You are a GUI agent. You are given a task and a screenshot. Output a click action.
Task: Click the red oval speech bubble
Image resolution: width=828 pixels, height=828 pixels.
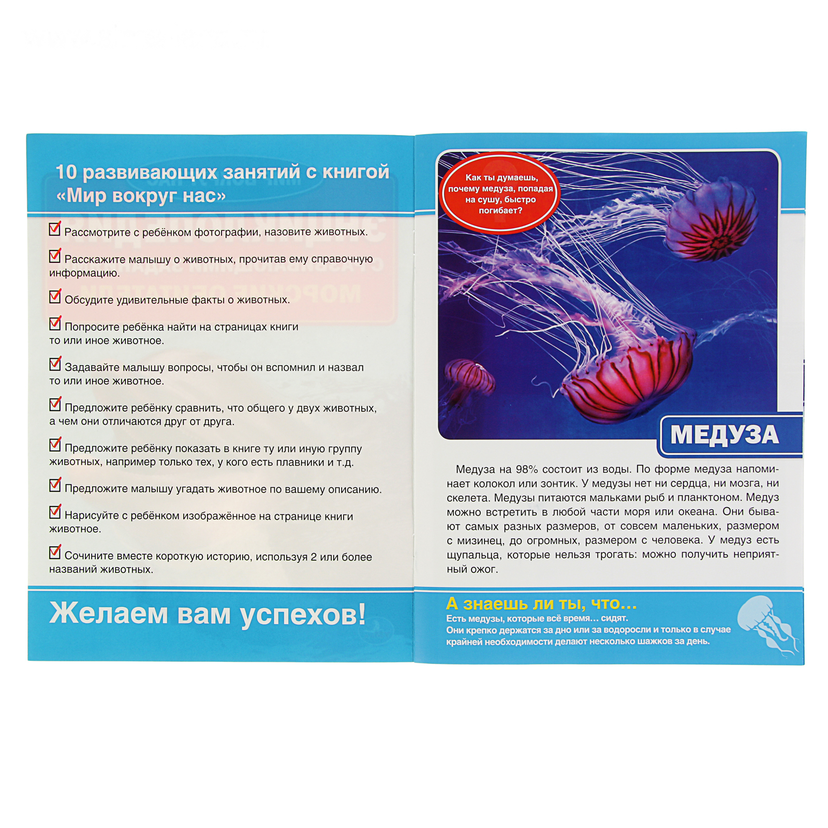coord(500,193)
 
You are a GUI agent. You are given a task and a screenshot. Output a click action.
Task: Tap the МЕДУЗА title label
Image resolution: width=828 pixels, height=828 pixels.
coord(724,435)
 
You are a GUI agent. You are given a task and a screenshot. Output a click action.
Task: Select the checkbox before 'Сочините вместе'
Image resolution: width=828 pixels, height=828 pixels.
coord(55,552)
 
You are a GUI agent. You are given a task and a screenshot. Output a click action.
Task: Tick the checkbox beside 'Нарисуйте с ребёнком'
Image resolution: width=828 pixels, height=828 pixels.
coord(55,511)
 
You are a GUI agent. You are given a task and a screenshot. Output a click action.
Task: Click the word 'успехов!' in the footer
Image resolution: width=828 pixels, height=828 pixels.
coord(303,615)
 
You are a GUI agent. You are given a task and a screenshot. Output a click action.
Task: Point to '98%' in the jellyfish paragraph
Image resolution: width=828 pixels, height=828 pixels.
coord(526,469)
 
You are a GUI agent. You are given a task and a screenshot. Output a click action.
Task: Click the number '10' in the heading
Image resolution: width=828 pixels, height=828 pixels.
coord(66,172)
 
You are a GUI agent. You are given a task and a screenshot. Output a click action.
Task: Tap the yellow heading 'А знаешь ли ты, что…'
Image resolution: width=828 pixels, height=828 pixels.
coord(541,603)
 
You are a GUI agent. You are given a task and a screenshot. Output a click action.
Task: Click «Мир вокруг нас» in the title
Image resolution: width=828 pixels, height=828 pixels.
coord(141,196)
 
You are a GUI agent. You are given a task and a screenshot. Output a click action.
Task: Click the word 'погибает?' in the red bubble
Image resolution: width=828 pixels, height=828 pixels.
coord(500,211)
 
